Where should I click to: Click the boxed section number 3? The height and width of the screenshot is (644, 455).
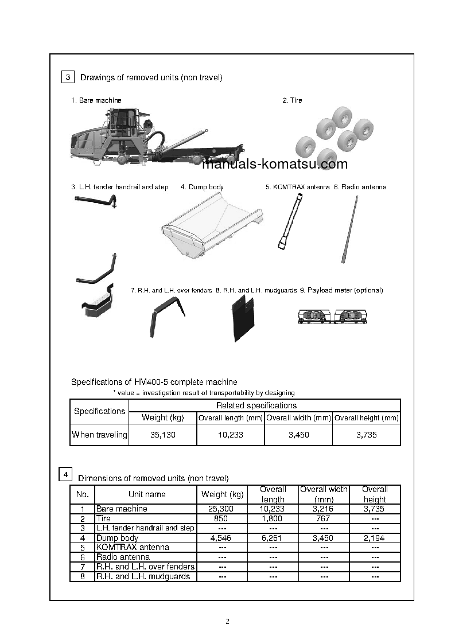(x=67, y=77)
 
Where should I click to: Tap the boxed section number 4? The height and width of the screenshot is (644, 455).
(x=65, y=475)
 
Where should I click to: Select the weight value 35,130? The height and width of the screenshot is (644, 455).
(x=163, y=435)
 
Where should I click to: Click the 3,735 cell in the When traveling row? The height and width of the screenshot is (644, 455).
(x=366, y=435)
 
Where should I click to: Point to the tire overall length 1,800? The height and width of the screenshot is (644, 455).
(x=273, y=518)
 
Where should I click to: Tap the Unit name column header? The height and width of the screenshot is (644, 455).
(x=147, y=494)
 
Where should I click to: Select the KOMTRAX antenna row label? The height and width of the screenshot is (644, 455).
(x=133, y=547)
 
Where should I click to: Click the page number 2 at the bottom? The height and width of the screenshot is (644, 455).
(x=228, y=621)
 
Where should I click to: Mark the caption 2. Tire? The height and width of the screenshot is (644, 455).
(x=292, y=100)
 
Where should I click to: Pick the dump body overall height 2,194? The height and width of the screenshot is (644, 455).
(x=375, y=538)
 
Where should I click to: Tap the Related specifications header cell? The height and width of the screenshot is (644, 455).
(x=264, y=405)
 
